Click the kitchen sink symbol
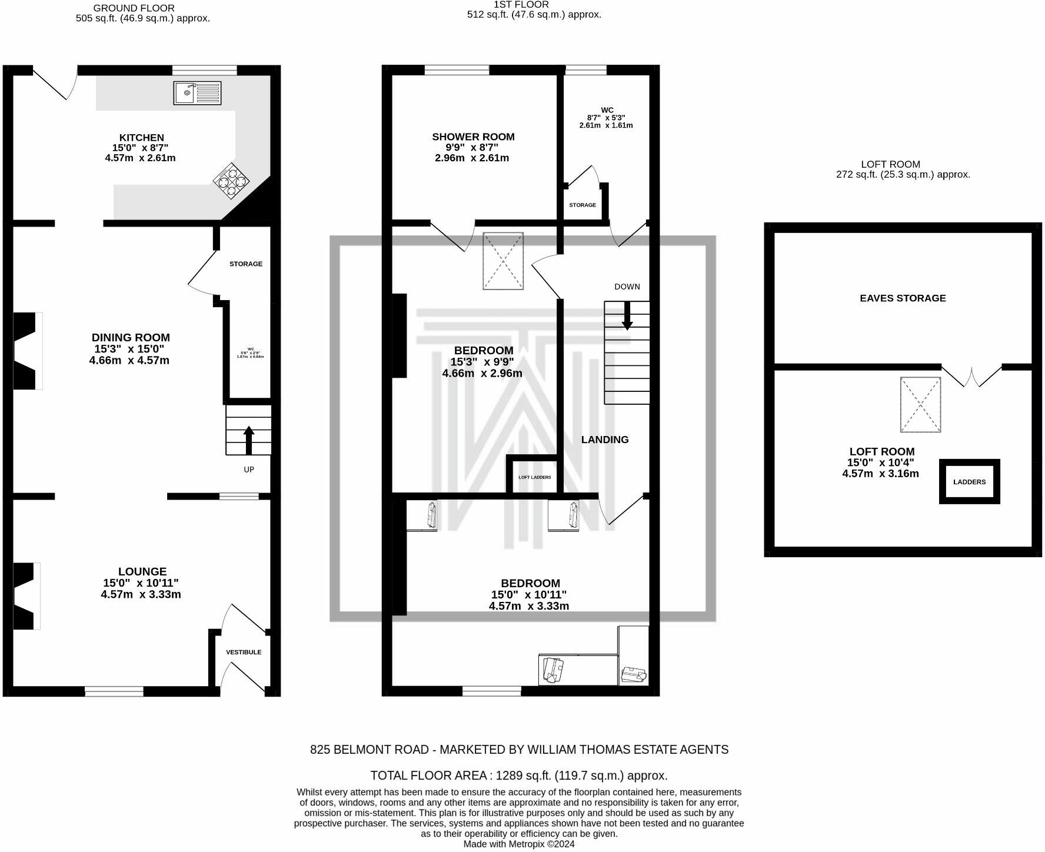point(197,93)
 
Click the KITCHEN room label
point(141,138)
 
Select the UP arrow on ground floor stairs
point(249,440)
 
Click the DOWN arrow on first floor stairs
point(627,315)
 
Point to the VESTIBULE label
point(244,652)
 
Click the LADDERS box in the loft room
point(969,482)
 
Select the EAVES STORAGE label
point(903,298)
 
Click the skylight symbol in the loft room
point(920,404)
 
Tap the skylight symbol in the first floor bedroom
point(503,261)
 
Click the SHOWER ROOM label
point(473,137)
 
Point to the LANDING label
point(605,440)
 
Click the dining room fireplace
point(26,351)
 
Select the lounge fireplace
point(25,595)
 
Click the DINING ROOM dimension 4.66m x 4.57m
point(129,360)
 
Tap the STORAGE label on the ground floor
point(246,264)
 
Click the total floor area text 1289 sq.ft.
point(518,775)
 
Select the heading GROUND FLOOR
point(134,8)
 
